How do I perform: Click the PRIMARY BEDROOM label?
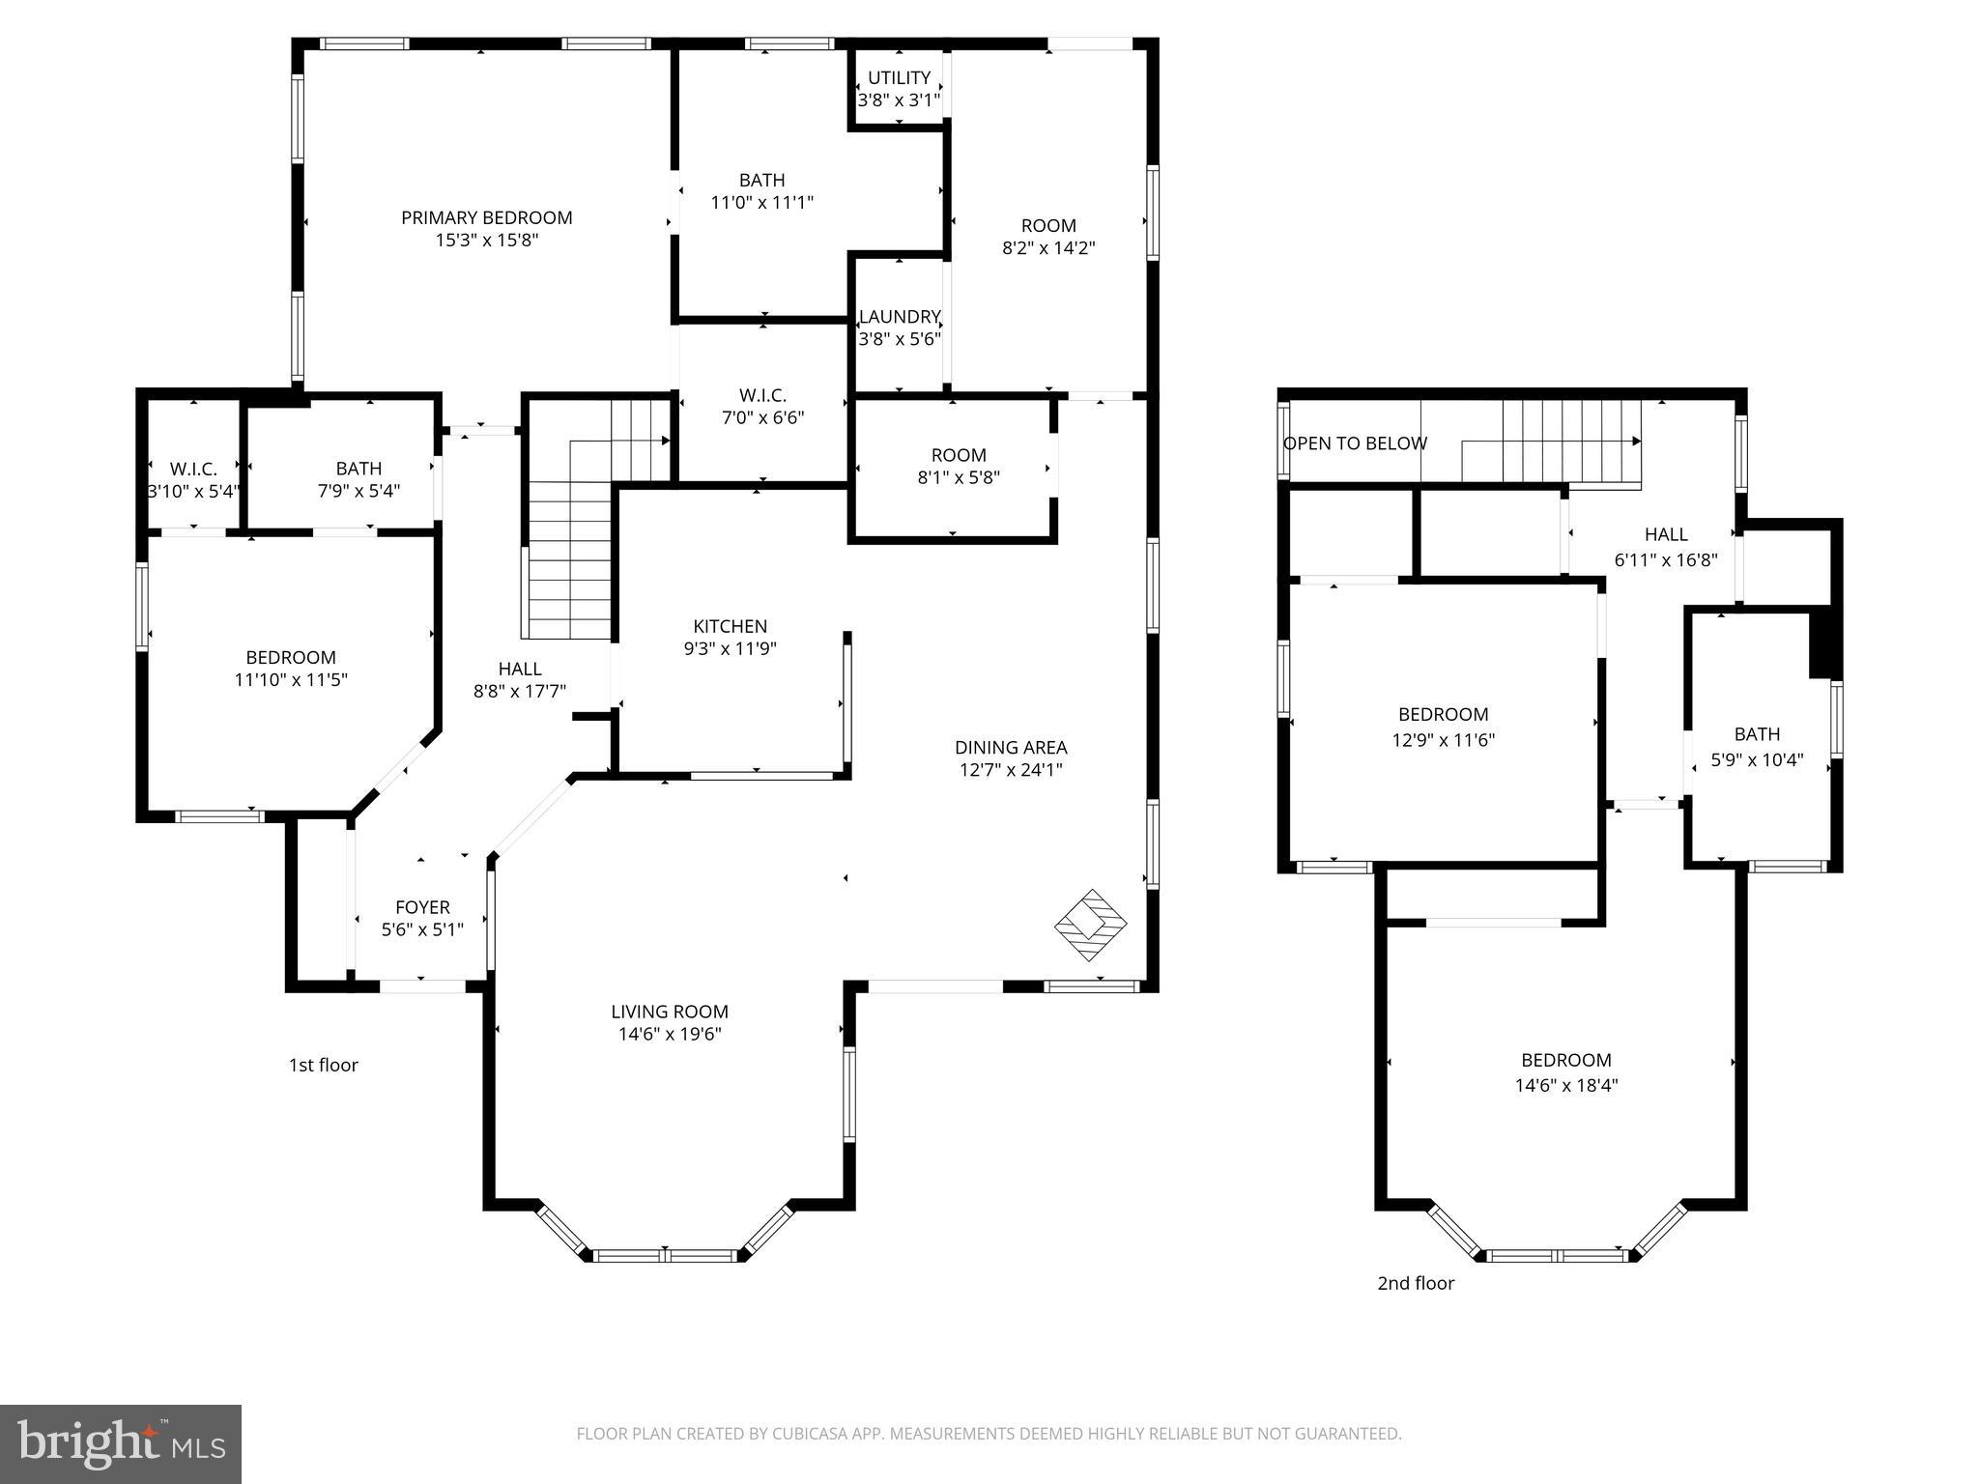click(x=486, y=217)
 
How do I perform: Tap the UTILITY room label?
click(x=899, y=77)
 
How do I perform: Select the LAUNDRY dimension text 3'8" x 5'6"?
click(x=900, y=339)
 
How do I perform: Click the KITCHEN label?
click(x=730, y=626)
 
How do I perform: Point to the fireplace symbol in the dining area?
click(x=1090, y=925)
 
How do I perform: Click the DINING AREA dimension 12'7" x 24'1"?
click(x=1011, y=770)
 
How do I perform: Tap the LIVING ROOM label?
click(x=669, y=1012)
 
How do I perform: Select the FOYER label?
click(x=422, y=907)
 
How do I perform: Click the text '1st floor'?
click(x=323, y=1065)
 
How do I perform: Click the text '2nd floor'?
click(x=1415, y=1283)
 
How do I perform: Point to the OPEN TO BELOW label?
click(x=1355, y=443)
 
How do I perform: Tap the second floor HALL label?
click(x=1666, y=534)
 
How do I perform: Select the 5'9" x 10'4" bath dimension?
click(x=1757, y=760)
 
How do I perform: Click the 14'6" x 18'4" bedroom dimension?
click(x=1565, y=1085)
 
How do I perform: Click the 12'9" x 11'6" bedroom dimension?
click(x=1443, y=740)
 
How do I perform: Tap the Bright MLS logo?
click(x=121, y=1444)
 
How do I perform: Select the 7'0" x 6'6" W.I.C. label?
click(x=762, y=417)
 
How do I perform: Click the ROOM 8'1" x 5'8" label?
click(x=959, y=455)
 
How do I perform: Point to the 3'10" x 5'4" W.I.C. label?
click(x=193, y=491)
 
